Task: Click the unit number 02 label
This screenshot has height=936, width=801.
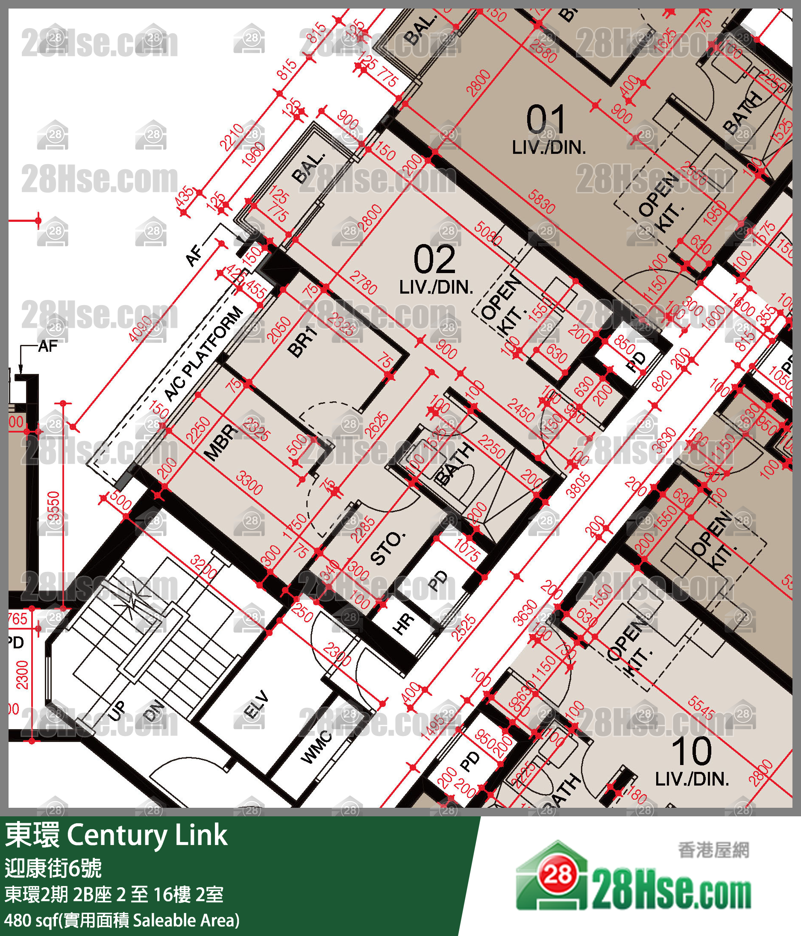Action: [x=434, y=260]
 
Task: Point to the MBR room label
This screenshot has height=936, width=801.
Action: [x=221, y=442]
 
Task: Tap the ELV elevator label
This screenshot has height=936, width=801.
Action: [x=256, y=705]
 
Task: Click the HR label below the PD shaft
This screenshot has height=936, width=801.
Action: [x=403, y=624]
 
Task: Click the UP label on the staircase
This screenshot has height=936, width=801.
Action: [x=117, y=711]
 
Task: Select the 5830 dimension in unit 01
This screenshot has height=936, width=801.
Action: [x=540, y=200]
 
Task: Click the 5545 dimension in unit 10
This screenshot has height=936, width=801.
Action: [x=701, y=708]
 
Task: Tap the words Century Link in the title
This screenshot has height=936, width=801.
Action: [x=147, y=836]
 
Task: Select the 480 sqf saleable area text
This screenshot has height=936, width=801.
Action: [x=122, y=921]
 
